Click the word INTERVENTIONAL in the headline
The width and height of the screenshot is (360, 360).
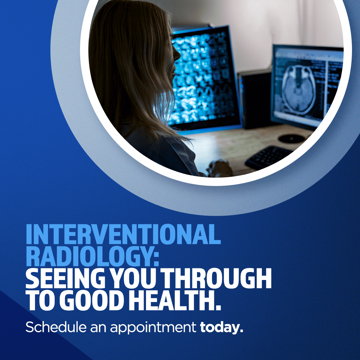coord(123,234)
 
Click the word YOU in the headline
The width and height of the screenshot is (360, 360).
coord(133,278)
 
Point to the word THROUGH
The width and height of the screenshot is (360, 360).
coord(216,278)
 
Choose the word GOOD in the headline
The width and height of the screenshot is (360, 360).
coord(92,300)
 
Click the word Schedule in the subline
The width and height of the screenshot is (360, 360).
coord(56,327)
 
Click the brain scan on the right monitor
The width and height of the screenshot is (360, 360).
coord(299,90)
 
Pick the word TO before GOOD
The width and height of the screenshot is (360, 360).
coord(42,300)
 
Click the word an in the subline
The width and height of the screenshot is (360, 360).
coord(98,328)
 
